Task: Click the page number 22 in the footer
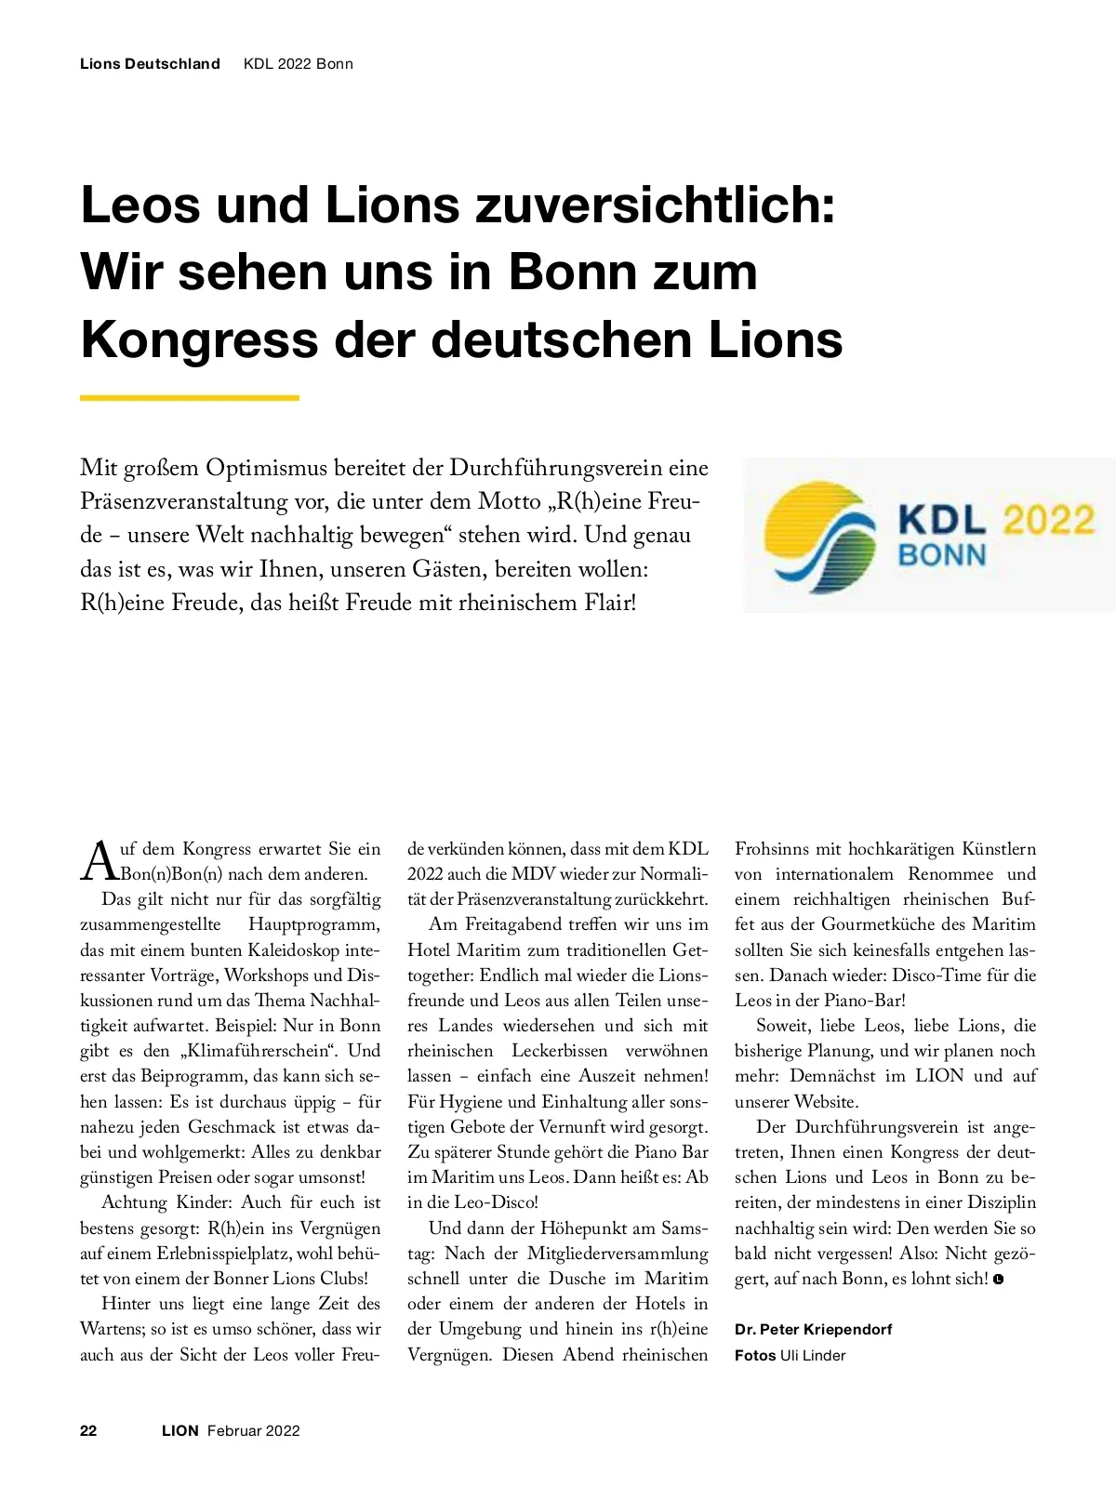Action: click(x=88, y=1430)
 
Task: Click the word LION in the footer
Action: click(x=180, y=1430)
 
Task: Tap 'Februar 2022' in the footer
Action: click(x=254, y=1430)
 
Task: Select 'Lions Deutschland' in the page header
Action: click(x=150, y=64)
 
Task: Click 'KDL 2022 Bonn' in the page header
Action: click(x=299, y=64)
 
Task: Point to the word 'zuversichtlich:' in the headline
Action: click(x=656, y=206)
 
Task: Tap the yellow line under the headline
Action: click(x=190, y=398)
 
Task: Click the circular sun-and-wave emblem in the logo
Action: click(x=819, y=537)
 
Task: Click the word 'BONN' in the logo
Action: click(x=941, y=555)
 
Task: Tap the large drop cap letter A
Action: click(x=99, y=861)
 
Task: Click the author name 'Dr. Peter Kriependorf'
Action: click(x=813, y=1329)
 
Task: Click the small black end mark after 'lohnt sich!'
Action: click(x=999, y=1280)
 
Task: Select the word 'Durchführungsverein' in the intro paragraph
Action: click(x=556, y=468)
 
